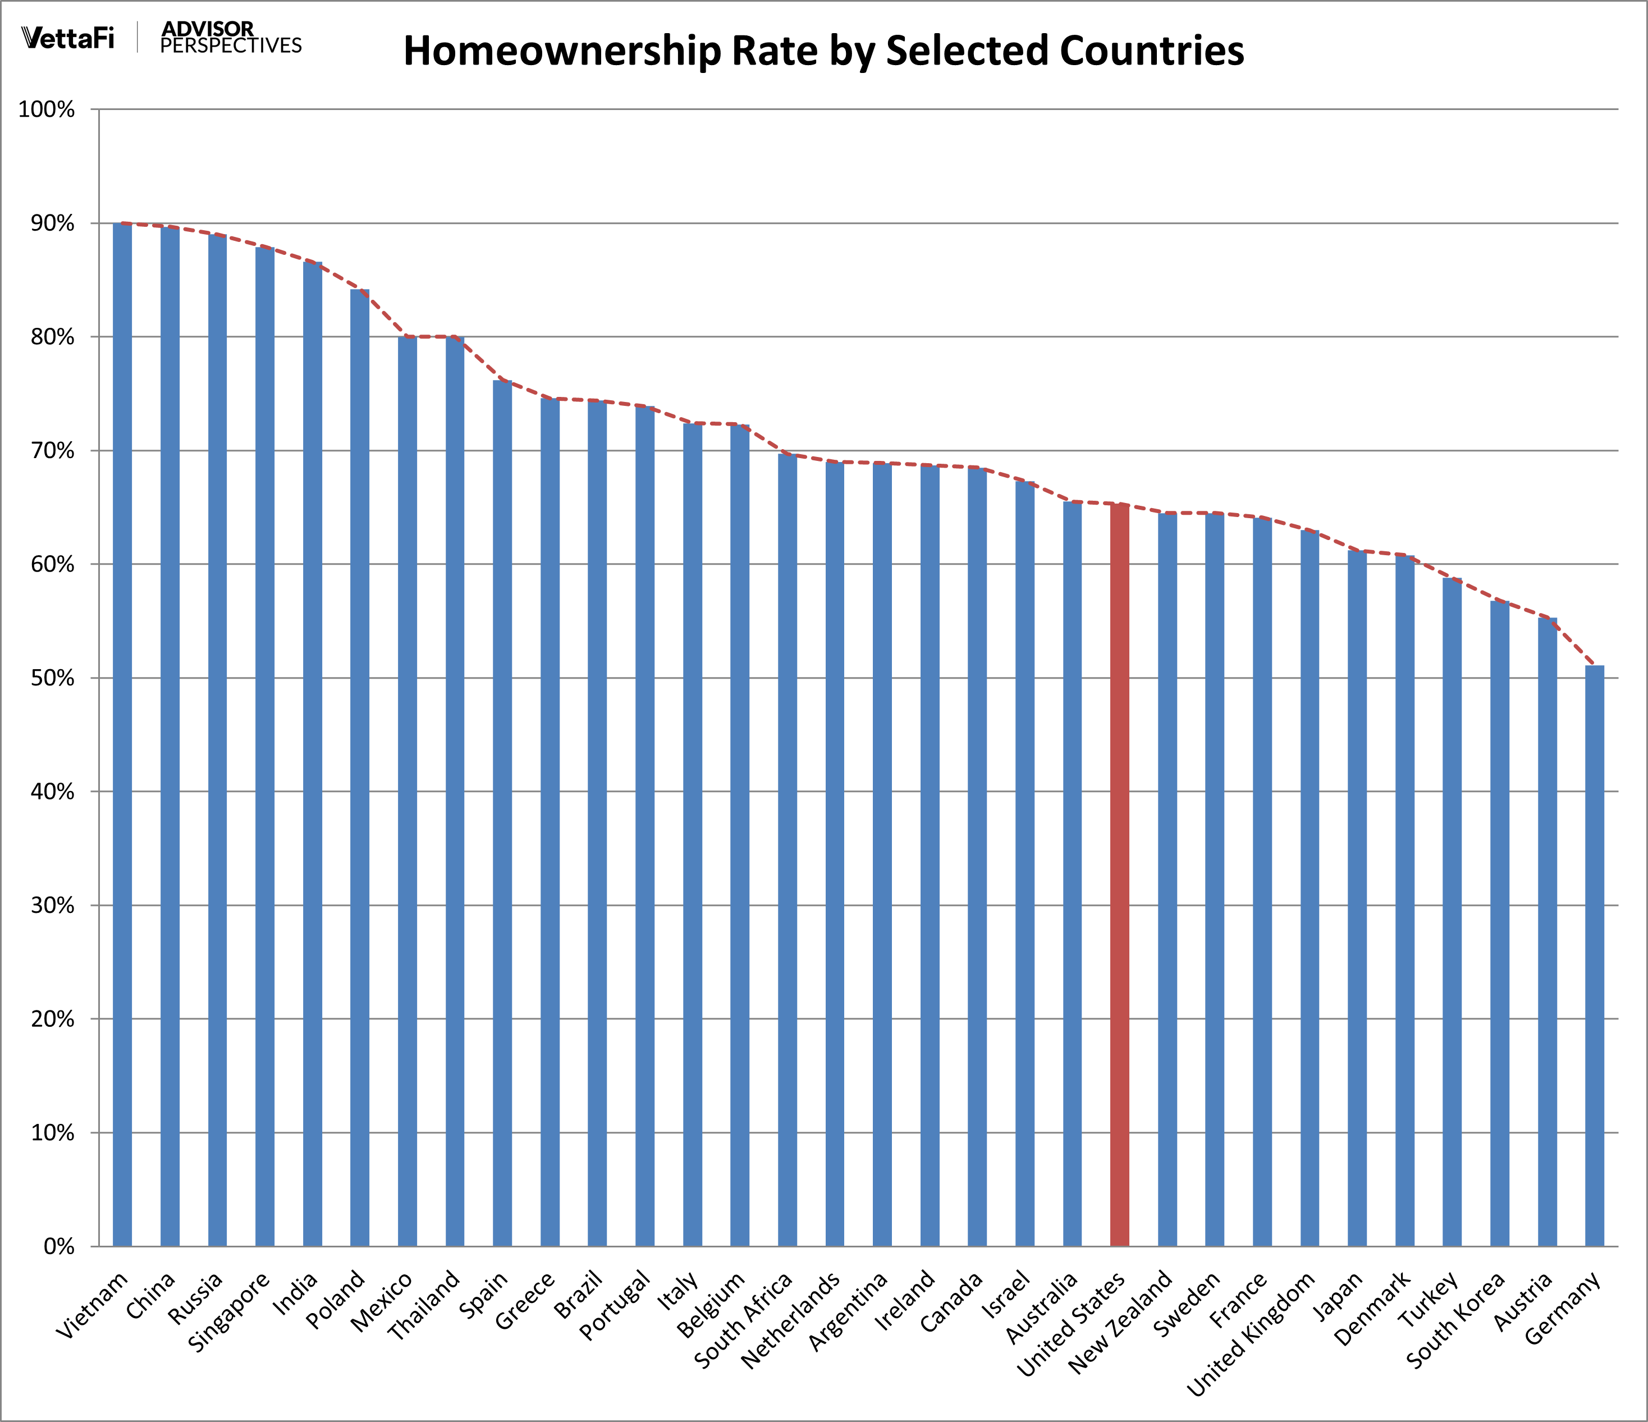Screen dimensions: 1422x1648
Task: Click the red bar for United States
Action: click(x=1119, y=875)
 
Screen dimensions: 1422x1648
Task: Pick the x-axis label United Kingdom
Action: click(x=1252, y=1334)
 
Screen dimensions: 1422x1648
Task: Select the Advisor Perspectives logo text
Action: click(x=231, y=38)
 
